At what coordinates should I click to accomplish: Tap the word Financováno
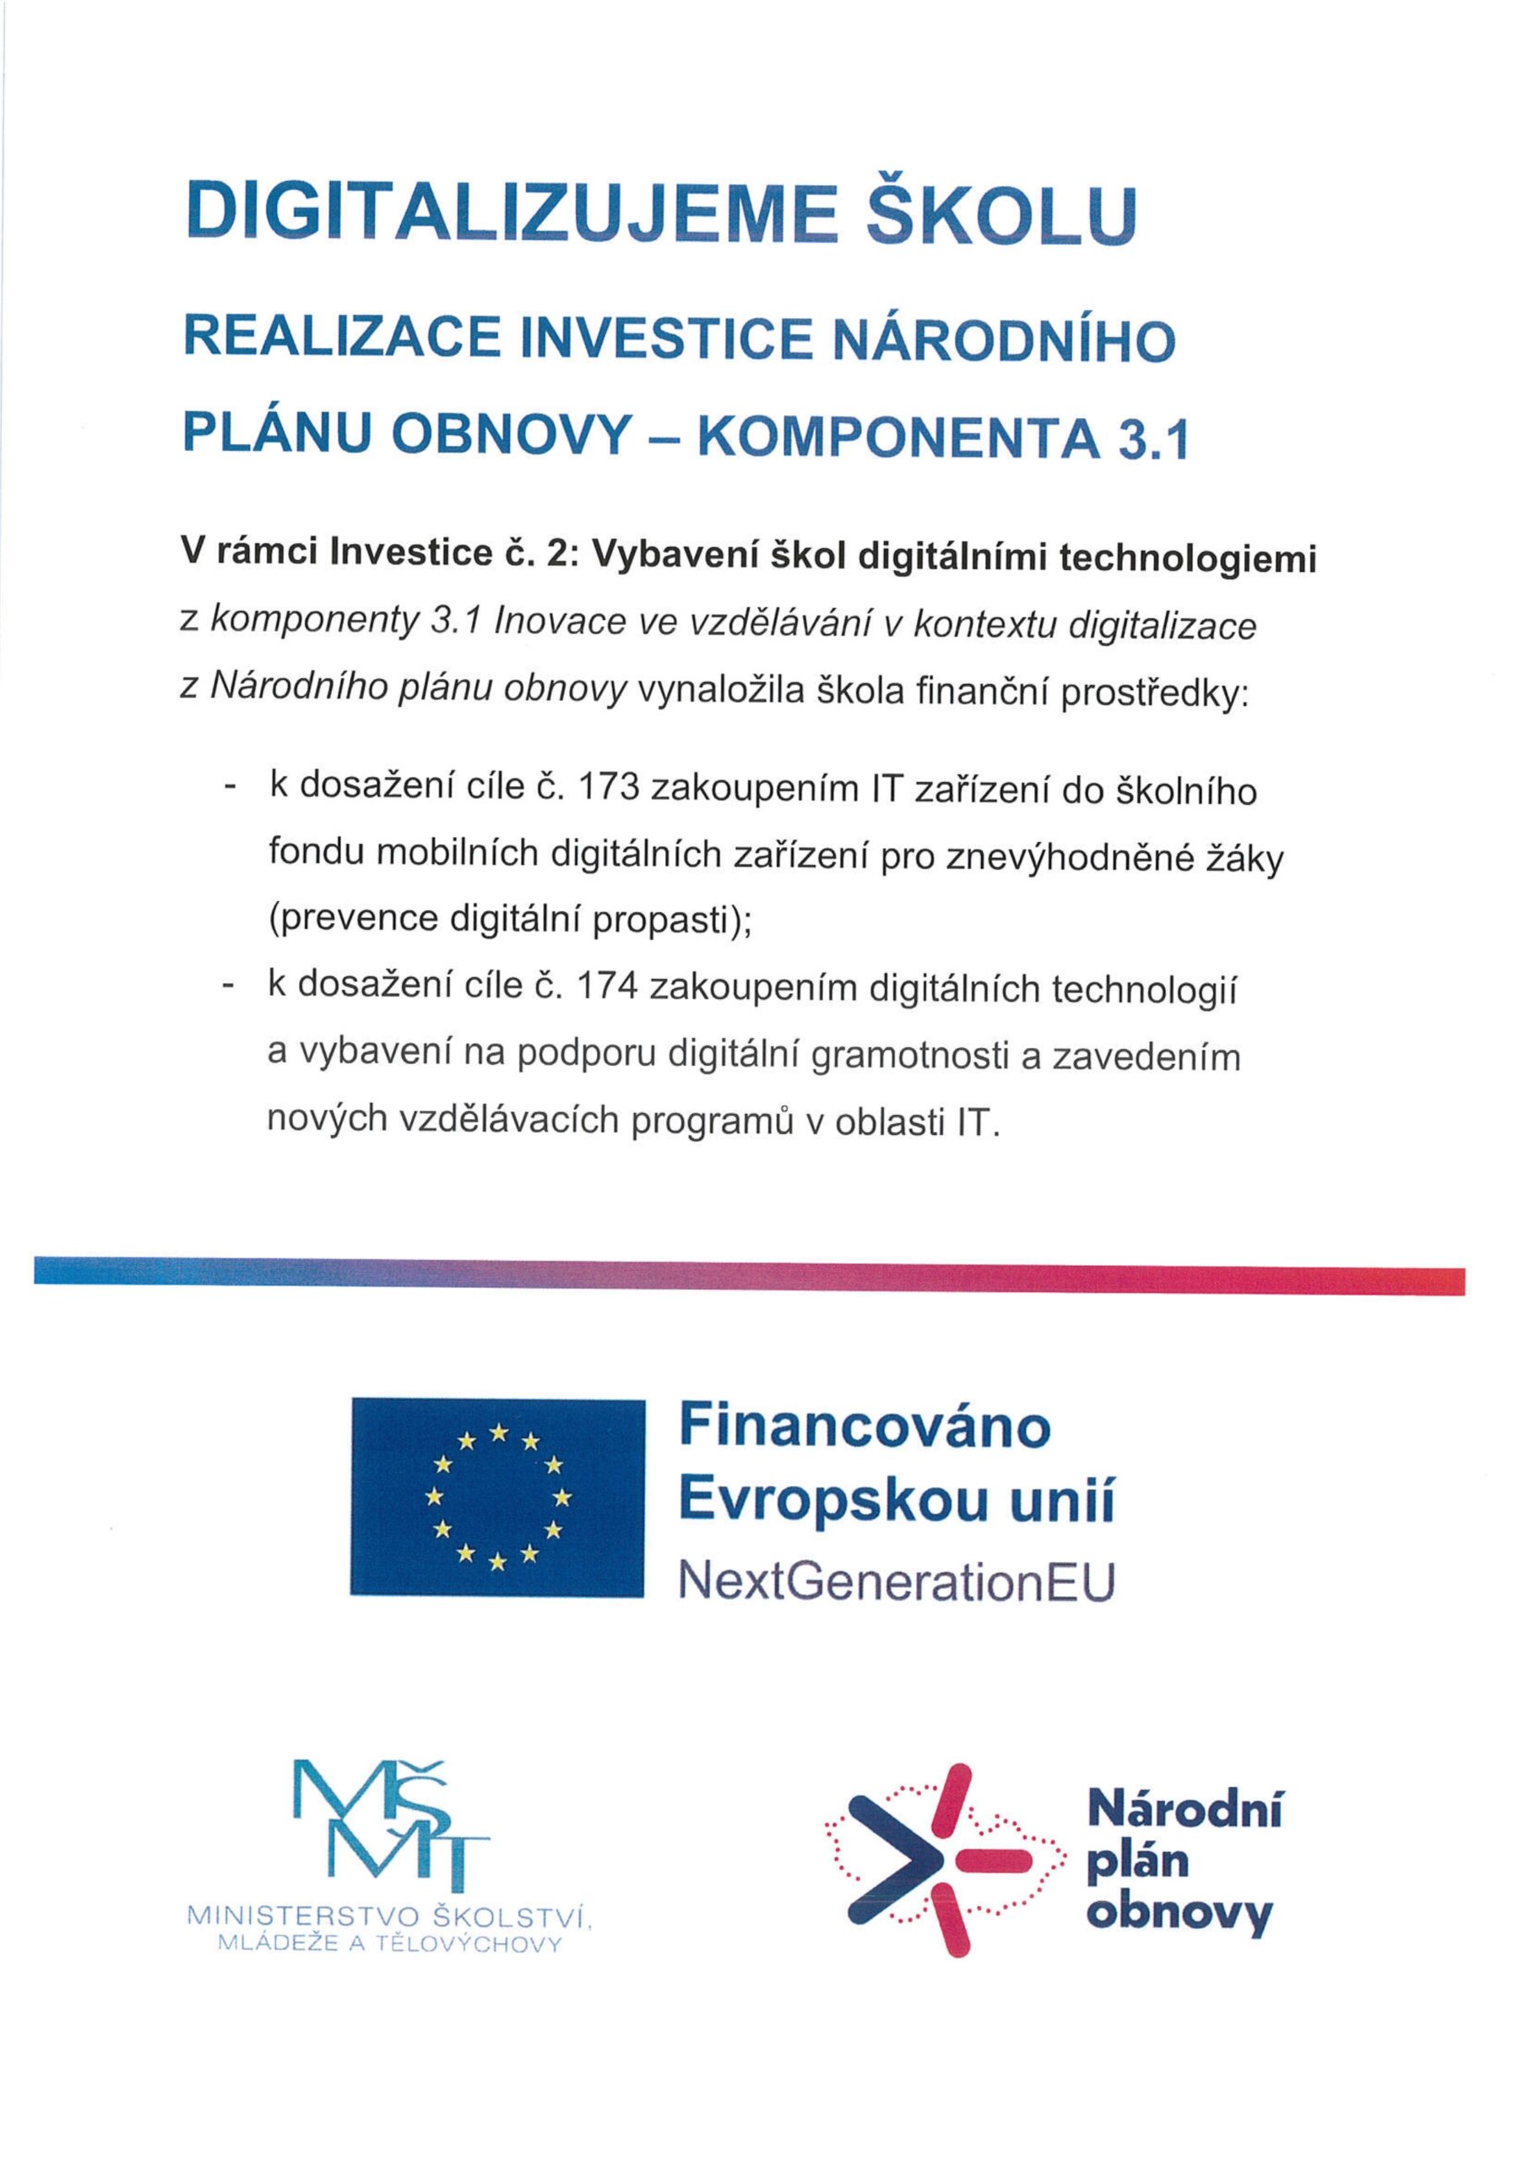pos(865,1426)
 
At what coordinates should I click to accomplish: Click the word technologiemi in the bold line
pos(1187,560)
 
